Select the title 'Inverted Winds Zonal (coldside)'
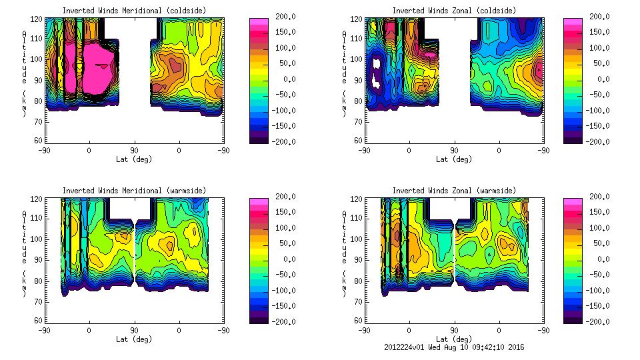coord(454,10)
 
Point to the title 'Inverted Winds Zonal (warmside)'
coord(454,191)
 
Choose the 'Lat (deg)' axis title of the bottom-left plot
coord(135,339)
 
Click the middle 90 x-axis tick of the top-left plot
coord(134,151)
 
